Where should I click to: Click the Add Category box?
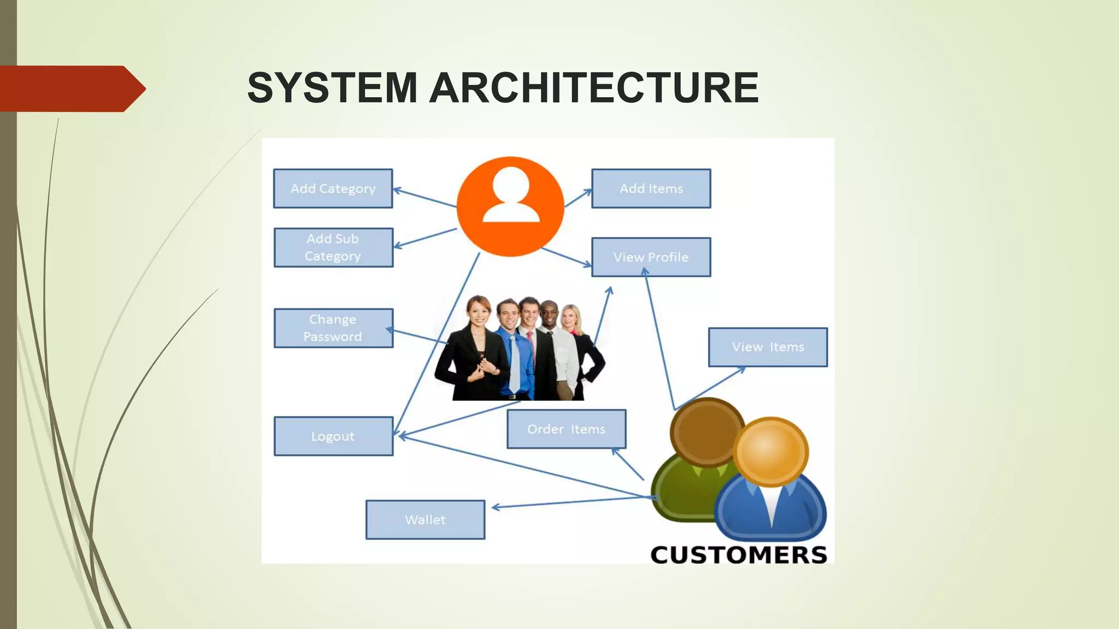point(333,188)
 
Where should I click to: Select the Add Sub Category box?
point(333,247)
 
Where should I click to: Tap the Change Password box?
point(333,328)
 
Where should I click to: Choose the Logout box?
point(333,436)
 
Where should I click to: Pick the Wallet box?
point(425,520)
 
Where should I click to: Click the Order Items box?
point(566,429)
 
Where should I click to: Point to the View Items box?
point(768,347)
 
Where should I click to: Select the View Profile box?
point(651,257)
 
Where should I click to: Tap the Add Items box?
point(651,188)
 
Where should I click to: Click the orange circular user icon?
point(510,206)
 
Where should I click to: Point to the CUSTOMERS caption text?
point(739,555)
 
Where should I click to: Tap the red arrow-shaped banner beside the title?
point(71,88)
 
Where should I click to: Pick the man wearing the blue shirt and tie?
point(511,349)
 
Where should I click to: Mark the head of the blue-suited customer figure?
point(770,451)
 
